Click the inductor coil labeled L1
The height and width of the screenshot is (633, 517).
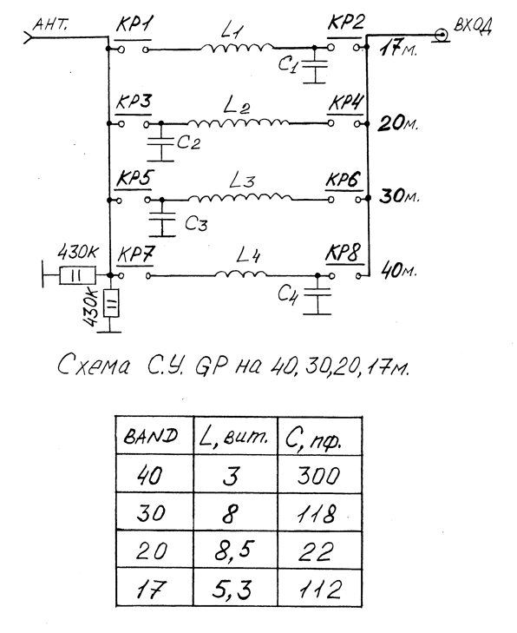pyautogui.click(x=237, y=48)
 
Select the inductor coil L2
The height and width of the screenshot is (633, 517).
pyautogui.click(x=238, y=122)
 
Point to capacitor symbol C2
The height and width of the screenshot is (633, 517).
pyautogui.click(x=161, y=142)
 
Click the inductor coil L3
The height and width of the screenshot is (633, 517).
pyautogui.click(x=239, y=198)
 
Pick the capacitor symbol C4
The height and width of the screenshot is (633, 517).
pyautogui.click(x=317, y=293)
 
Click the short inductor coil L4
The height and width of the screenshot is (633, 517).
pyautogui.click(x=241, y=274)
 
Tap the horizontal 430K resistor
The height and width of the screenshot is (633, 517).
pyautogui.click(x=77, y=275)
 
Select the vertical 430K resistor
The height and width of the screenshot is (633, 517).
pyautogui.click(x=111, y=304)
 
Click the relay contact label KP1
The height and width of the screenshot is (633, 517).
pyautogui.click(x=134, y=25)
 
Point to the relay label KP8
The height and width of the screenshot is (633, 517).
pyautogui.click(x=343, y=254)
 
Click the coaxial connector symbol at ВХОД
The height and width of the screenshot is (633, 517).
pyautogui.click(x=442, y=35)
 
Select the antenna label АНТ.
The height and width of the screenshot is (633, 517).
pyautogui.click(x=50, y=24)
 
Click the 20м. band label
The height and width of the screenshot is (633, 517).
pyautogui.click(x=397, y=122)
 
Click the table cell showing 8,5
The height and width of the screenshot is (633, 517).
pyautogui.click(x=236, y=550)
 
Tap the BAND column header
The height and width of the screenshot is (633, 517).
pyautogui.click(x=154, y=436)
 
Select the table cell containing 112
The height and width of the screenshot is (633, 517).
pyautogui.click(x=319, y=588)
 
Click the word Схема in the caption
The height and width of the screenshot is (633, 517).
pyautogui.click(x=94, y=366)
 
